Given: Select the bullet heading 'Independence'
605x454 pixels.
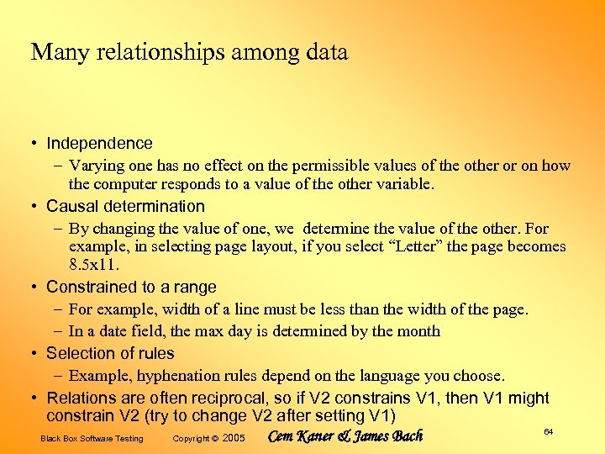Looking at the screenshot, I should coord(99,144).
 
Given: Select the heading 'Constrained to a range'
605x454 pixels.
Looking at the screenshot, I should coord(131,288).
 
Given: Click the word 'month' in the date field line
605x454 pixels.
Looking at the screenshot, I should coord(419,331).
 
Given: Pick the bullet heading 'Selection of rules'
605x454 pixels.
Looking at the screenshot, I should coord(110,353).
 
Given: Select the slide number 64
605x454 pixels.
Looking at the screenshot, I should coord(548,431).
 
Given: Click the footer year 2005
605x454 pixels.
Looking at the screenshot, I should coord(234,438).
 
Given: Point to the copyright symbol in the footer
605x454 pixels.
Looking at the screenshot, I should coord(214,438).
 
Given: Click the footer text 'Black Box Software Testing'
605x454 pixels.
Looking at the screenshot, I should coord(92,438).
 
